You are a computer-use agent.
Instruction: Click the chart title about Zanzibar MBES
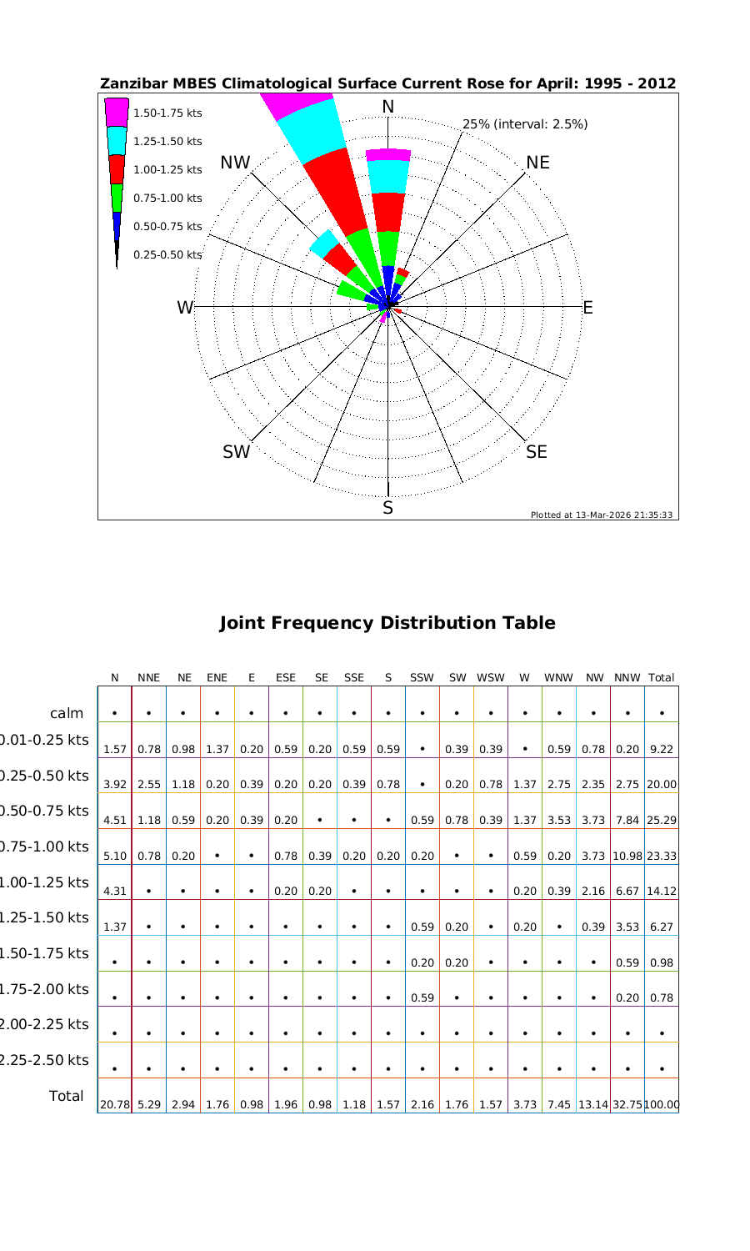coord(387,84)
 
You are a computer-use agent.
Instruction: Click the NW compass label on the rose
coord(236,163)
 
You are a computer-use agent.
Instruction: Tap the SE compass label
coord(537,452)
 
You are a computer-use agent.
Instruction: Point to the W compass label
coord(185,308)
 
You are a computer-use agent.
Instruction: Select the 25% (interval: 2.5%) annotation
coord(525,124)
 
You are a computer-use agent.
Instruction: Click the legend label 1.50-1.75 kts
coord(167,113)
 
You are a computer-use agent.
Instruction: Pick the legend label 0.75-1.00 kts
coord(167,198)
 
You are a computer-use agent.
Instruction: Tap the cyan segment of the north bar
coord(388,176)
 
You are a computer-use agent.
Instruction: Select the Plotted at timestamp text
coord(602,515)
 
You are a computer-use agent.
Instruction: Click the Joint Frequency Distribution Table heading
coord(387,623)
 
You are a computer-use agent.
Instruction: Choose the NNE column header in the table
coord(148,678)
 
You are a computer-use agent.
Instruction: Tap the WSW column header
coord(491,678)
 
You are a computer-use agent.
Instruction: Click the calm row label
coord(67,713)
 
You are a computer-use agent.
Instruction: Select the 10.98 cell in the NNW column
coord(627,856)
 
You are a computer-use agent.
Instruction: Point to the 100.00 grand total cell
coord(662,1105)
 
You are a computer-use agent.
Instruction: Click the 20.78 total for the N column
coord(115,1105)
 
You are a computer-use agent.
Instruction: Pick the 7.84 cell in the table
coord(627,821)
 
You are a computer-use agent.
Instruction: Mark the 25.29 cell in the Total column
coord(662,821)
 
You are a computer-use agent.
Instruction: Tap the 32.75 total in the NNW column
coord(627,1105)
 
